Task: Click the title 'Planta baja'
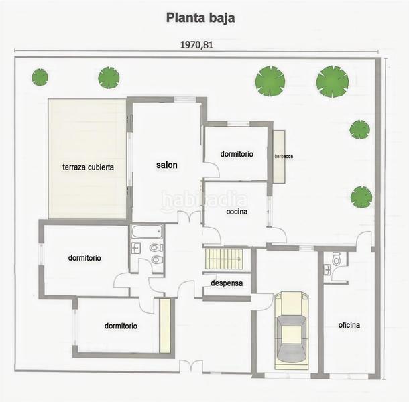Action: [200, 17]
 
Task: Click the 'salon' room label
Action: [167, 165]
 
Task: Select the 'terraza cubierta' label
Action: [88, 167]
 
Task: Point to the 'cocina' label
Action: [237, 212]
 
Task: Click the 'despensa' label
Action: [226, 283]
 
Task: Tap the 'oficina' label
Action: [349, 325]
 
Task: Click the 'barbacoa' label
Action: [284, 156]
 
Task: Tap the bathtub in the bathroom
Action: [147, 232]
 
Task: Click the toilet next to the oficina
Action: [337, 259]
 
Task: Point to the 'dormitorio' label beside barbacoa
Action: [237, 154]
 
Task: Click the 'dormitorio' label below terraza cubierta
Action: [84, 257]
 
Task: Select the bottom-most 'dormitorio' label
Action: [121, 326]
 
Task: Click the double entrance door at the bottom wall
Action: [191, 366]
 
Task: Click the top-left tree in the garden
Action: [40, 77]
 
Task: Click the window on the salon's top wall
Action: [184, 100]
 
